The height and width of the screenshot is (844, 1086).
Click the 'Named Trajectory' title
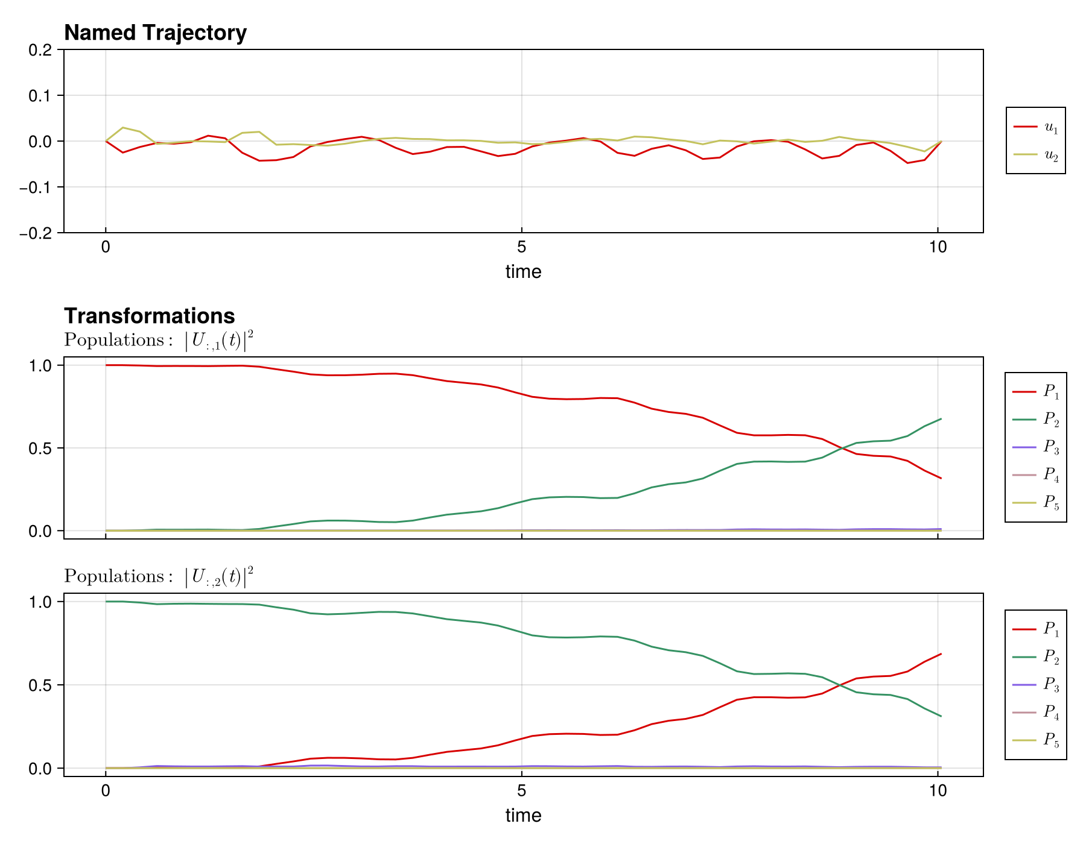(155, 33)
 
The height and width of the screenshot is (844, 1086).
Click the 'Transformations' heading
(149, 316)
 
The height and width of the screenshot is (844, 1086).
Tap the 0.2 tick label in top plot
(40, 50)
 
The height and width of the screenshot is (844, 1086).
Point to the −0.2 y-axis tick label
(36, 233)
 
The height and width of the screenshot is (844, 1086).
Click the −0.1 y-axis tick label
(36, 187)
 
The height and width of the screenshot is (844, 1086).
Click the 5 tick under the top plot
(521, 247)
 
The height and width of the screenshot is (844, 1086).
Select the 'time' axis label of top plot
(523, 272)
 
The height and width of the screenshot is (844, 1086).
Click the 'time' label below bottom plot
(523, 816)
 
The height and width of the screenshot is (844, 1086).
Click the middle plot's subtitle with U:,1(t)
(159, 341)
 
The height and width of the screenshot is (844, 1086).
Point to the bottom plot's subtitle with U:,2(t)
(159, 578)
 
